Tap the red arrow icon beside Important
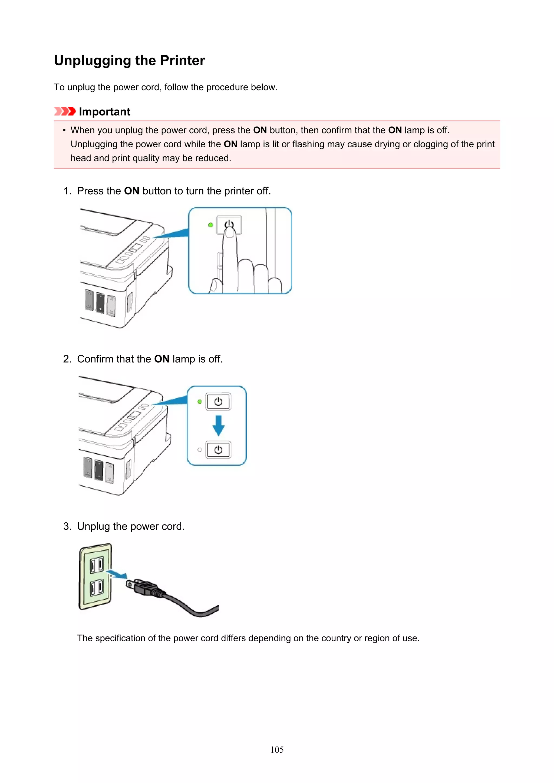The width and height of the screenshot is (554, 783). tap(65, 111)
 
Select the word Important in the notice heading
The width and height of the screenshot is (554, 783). tap(104, 111)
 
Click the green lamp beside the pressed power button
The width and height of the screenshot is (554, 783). tap(210, 225)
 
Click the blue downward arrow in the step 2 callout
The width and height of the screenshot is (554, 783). tap(218, 425)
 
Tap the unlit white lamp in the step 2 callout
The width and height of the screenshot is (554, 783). tap(200, 450)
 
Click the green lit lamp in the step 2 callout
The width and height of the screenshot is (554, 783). tap(200, 402)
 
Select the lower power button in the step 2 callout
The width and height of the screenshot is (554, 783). tap(218, 450)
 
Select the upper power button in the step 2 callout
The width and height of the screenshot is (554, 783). tap(218, 402)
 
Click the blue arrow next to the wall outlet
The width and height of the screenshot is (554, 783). tap(116, 574)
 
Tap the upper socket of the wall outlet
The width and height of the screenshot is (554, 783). tap(97, 565)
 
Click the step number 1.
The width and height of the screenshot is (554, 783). tap(67, 191)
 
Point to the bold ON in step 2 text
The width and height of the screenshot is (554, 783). tap(162, 359)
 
